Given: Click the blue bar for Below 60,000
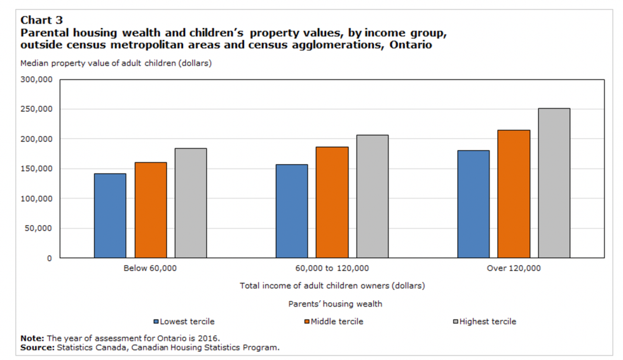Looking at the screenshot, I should point(110,216).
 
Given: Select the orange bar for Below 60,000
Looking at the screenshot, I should point(151,210).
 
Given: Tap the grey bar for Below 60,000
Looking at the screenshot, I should point(191,203).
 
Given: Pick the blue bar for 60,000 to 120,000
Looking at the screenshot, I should point(292,211).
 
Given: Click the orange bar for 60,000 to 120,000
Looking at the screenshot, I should point(332,202).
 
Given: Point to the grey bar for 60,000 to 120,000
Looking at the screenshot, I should point(372,196).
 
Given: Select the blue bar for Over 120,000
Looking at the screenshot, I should point(474,204).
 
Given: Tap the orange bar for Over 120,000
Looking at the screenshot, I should point(514,194).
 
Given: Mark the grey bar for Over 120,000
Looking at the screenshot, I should point(554,183).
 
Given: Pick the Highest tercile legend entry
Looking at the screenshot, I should point(484,322).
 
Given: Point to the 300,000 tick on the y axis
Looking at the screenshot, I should point(36,80).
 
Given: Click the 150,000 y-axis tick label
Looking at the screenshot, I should point(36,169).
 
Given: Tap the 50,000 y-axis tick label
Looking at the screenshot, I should point(39,228).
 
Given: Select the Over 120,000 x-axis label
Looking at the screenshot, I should point(514,268).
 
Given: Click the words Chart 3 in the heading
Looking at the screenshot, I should point(41,20).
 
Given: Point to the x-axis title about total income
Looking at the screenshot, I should point(332,286).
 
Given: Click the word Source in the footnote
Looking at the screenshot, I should point(37,348).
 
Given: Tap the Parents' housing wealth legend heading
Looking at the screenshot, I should point(335,304).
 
